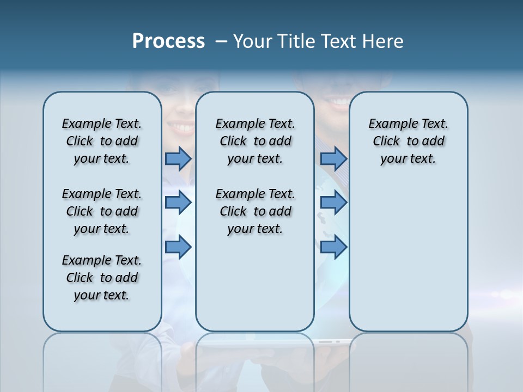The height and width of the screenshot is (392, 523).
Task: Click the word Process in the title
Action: (x=168, y=41)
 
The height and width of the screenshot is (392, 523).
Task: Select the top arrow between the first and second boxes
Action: (x=178, y=159)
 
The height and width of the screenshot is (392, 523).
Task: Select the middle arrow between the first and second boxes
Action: (x=178, y=203)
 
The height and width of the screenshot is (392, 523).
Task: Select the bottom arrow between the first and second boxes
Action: (x=178, y=247)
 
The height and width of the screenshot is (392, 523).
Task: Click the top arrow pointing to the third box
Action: (x=333, y=159)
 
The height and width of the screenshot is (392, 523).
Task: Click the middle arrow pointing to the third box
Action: (x=333, y=203)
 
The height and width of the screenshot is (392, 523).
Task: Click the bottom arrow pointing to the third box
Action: (x=333, y=247)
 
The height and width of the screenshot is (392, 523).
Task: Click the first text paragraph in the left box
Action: (x=102, y=141)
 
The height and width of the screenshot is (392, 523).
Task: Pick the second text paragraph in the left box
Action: (x=102, y=211)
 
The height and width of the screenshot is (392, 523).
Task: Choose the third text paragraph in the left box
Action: (x=102, y=278)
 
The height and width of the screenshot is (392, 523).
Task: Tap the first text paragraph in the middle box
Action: (x=255, y=141)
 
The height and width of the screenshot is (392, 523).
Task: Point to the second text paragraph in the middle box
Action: (x=255, y=211)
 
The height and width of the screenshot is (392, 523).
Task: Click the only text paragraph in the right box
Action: (x=409, y=141)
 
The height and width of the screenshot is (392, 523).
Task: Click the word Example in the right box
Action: (x=388, y=124)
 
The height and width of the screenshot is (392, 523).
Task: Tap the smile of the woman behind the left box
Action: (x=180, y=128)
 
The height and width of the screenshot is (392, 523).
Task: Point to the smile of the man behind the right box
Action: (x=340, y=102)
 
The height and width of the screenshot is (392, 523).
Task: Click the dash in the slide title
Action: (x=221, y=41)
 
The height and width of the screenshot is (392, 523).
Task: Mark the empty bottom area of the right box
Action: (x=409, y=261)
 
